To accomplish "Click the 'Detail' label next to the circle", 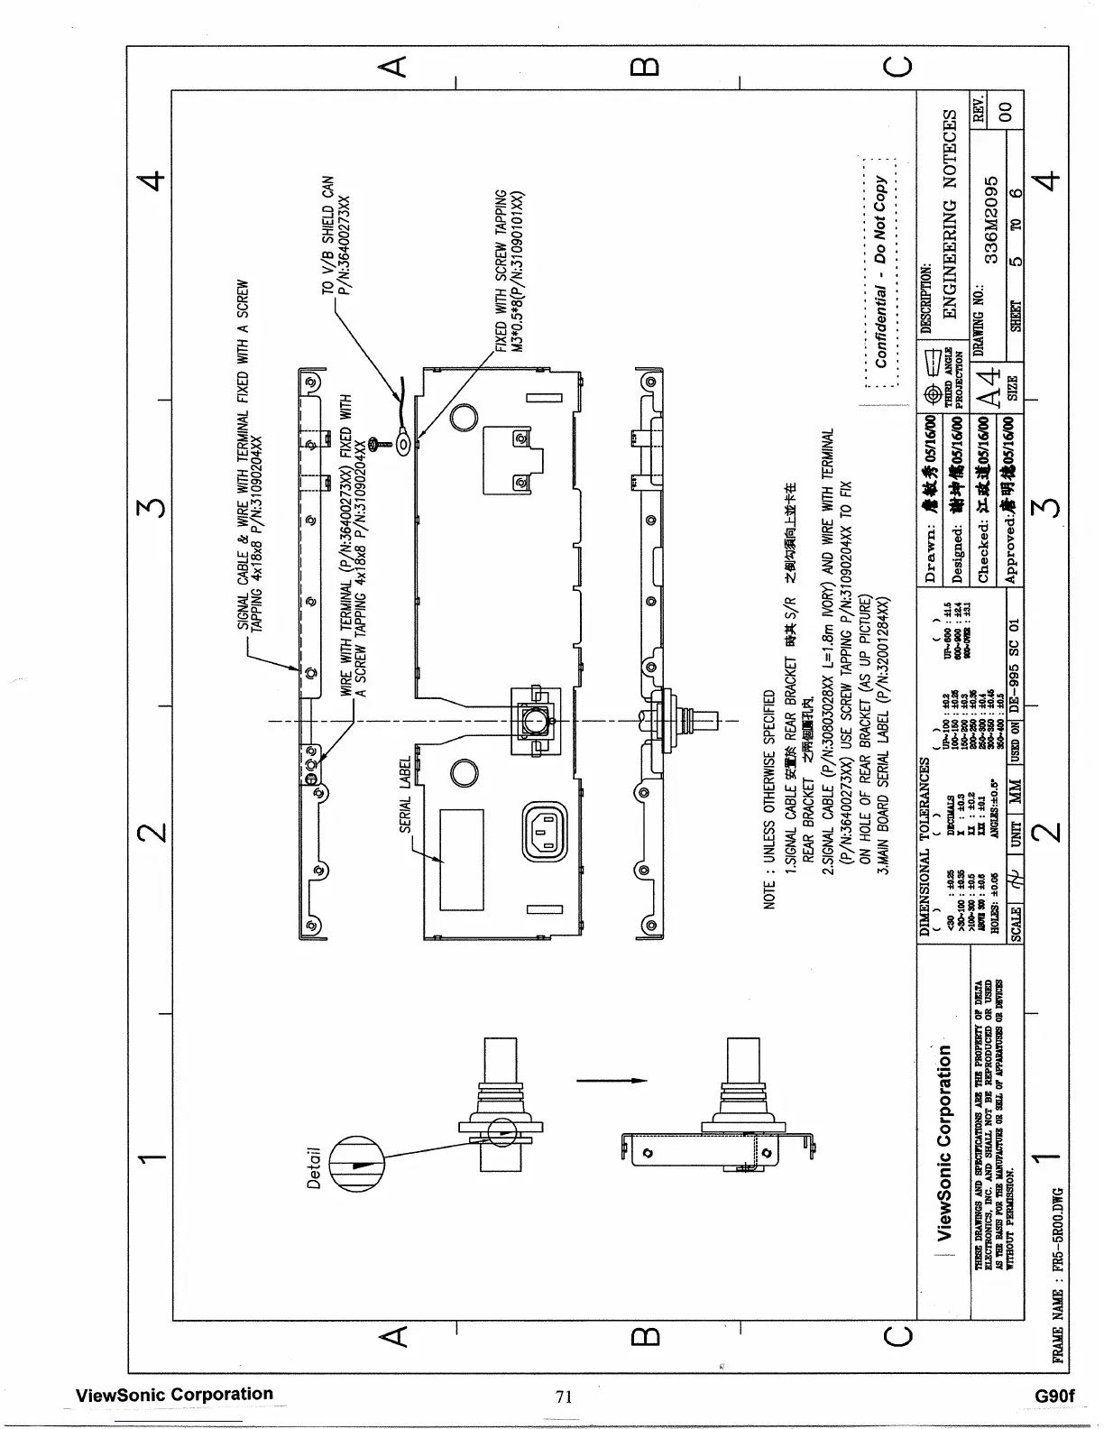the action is point(314,1168).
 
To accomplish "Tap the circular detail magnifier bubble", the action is point(356,1163).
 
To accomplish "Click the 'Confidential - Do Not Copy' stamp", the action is point(881,272).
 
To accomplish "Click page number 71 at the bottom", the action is point(565,1397).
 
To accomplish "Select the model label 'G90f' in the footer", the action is point(1056,1396).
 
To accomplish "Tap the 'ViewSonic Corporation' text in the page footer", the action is point(174,1394).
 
